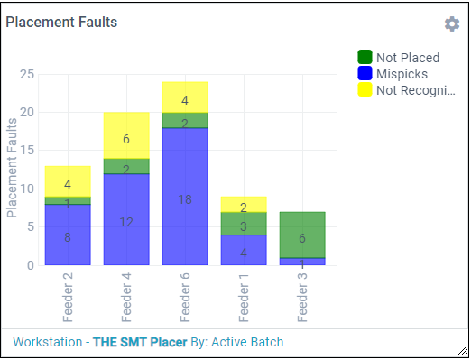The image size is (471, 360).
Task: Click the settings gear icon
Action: [x=452, y=23]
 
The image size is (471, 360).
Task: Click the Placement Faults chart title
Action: [x=61, y=23]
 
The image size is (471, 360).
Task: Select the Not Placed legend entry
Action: [x=403, y=58]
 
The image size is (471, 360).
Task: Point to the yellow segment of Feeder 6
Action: [x=185, y=97]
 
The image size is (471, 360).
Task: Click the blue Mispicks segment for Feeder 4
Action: [x=126, y=219]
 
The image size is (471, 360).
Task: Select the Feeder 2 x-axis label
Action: [x=69, y=297]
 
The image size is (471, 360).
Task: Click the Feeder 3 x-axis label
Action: [x=303, y=297]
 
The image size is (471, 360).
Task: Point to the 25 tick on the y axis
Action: [x=27, y=75]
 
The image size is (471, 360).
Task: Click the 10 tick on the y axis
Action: [x=27, y=189]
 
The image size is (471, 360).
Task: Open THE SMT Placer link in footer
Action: [x=134, y=343]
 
